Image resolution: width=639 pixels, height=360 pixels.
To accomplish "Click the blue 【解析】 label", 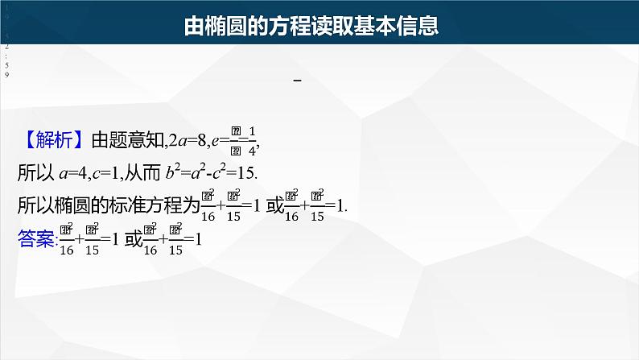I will [52, 140].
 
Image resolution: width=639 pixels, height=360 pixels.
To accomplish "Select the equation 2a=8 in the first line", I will [184, 141].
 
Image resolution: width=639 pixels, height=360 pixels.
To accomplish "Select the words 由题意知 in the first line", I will [127, 141].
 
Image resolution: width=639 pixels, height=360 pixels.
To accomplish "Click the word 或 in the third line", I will [274, 205].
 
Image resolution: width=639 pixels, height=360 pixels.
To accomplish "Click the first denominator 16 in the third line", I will [208, 215].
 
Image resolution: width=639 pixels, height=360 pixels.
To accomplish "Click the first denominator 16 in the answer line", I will [67, 249].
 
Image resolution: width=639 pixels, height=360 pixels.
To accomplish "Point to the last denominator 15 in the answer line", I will [174, 249].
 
